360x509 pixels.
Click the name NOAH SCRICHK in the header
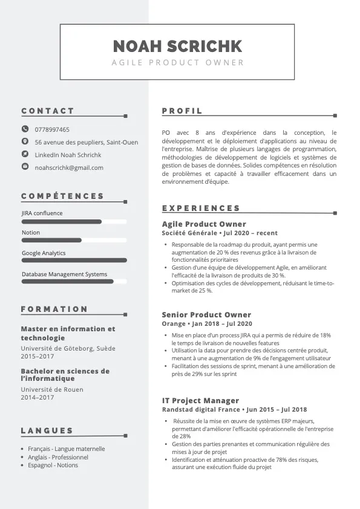tap(177, 46)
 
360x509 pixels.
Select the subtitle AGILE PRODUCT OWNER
tap(178, 62)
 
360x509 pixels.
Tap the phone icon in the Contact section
tap(25, 129)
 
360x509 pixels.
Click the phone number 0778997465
tap(52, 129)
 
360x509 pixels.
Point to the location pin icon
tap(25, 141)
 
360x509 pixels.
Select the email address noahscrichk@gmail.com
tap(69, 167)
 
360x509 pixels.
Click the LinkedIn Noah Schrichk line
tap(68, 155)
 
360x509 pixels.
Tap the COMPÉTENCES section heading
tap(63, 196)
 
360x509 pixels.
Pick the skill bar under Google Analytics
tap(74, 261)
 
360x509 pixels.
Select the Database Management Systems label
tap(64, 274)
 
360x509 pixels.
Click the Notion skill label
tap(31, 233)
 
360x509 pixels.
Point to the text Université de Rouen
tap(52, 389)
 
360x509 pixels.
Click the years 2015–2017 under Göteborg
tap(38, 357)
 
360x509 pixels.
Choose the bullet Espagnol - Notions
tap(53, 465)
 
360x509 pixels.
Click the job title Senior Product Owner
tap(206, 315)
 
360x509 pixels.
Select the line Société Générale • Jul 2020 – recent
tap(220, 233)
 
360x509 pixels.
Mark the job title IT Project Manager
tap(200, 401)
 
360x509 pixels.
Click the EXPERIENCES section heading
tap(201, 208)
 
